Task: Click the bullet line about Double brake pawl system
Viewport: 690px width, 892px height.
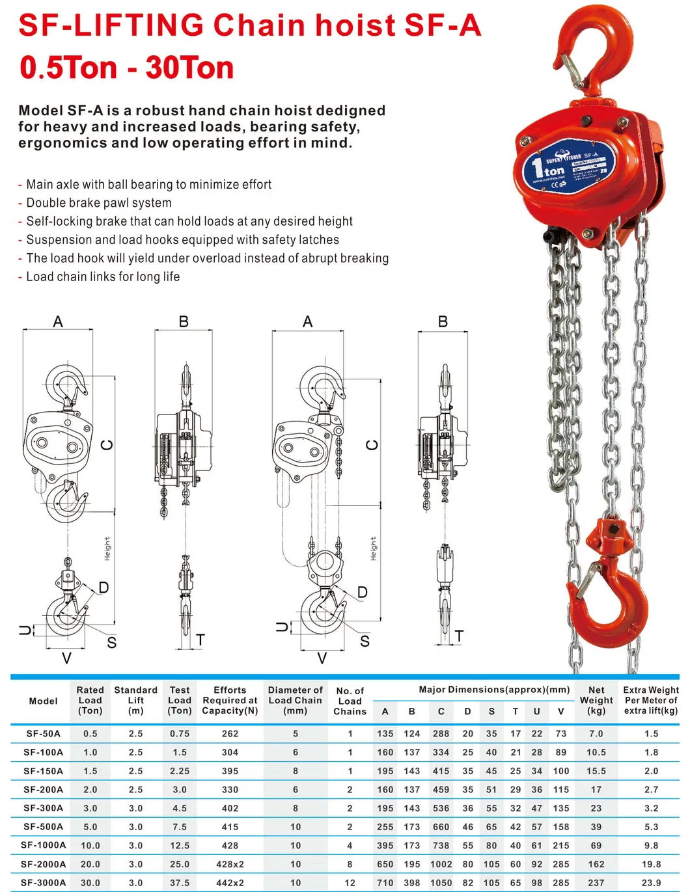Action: [98, 203]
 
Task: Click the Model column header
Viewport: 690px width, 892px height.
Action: [43, 701]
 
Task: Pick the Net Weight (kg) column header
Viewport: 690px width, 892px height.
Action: [596, 700]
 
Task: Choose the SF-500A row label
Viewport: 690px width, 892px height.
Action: [43, 827]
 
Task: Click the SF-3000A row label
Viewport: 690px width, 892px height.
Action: [43, 883]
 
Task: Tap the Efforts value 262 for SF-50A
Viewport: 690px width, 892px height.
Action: [230, 733]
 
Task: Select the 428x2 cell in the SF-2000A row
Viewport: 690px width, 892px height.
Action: [230, 864]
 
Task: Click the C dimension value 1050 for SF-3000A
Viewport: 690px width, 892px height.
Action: [441, 883]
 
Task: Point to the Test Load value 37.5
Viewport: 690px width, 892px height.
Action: [180, 883]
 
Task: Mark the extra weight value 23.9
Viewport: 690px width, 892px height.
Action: [651, 883]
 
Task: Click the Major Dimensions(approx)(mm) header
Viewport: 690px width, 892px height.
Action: [494, 690]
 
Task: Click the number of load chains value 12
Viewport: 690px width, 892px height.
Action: [350, 883]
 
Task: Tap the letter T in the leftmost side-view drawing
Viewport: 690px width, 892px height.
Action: [200, 640]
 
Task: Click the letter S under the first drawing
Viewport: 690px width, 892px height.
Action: [111, 643]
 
